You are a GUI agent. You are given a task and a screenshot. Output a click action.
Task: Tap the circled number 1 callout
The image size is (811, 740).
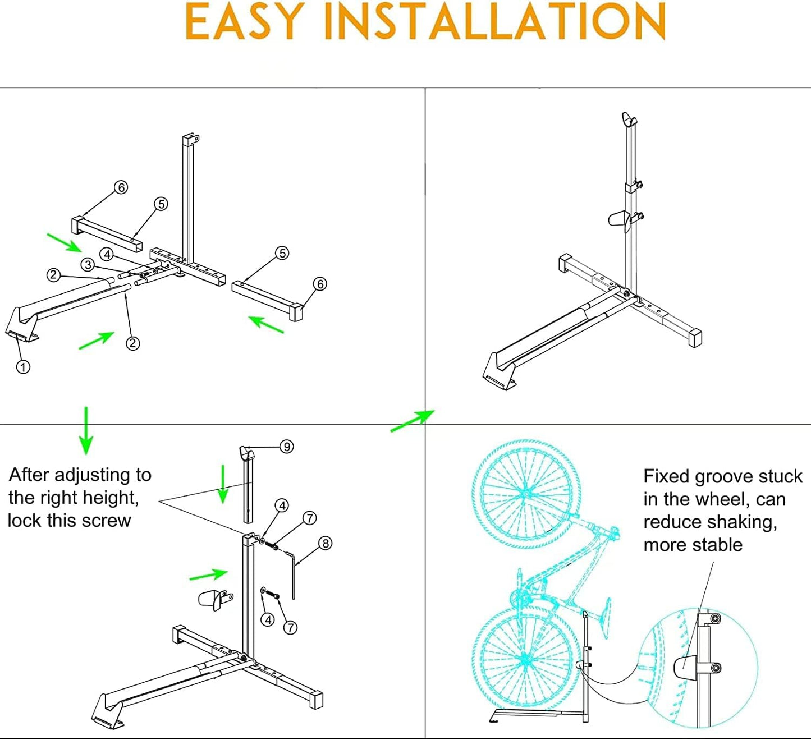click(x=23, y=367)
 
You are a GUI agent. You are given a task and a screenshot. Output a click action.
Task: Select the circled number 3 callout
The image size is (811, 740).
click(x=87, y=264)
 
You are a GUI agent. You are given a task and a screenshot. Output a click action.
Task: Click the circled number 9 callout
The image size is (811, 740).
click(x=287, y=447)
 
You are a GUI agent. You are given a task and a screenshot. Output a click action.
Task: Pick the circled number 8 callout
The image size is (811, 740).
click(x=325, y=543)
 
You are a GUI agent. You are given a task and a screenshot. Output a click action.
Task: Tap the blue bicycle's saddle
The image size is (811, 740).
click(x=607, y=617)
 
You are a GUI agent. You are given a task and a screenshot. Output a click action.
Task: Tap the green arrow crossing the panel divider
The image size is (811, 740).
click(x=413, y=421)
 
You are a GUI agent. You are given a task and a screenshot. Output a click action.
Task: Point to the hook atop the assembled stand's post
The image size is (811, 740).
click(x=629, y=119)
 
